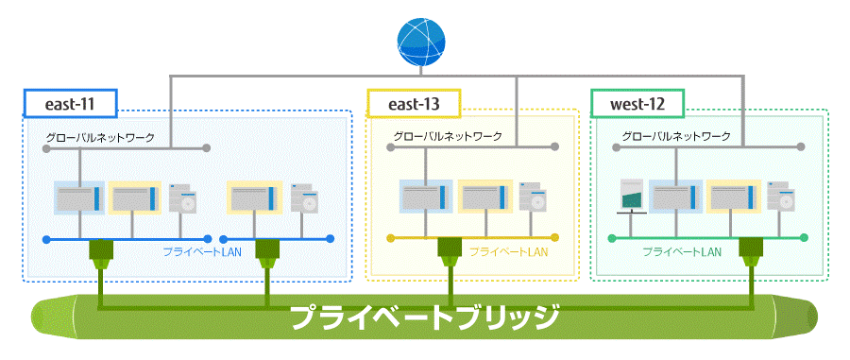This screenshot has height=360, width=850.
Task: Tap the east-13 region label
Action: coord(413,103)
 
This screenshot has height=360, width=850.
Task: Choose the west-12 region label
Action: coord(637,103)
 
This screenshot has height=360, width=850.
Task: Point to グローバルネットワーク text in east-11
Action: coord(100,137)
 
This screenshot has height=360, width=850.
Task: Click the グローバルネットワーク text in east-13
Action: coord(448,137)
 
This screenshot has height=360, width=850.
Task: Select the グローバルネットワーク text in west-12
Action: coord(676,137)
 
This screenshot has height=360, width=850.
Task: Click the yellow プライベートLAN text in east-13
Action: coord(508,252)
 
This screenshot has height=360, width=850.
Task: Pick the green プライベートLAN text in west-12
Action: coord(682,252)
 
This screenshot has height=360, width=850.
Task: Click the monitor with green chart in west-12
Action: coord(630,197)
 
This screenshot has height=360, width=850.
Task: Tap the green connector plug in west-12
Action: coord(752,251)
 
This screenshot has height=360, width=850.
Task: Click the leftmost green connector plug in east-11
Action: coord(101,251)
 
